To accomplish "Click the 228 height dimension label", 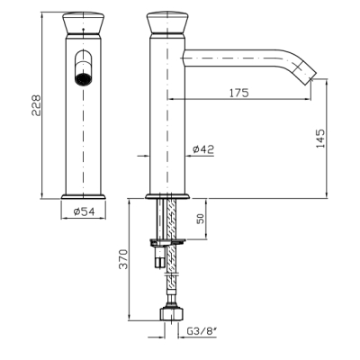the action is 36,105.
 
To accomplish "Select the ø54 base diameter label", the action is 85,211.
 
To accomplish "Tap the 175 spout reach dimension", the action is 239,93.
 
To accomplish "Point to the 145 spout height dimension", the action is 320,139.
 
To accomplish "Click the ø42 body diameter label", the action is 203,149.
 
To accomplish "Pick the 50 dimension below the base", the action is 201,219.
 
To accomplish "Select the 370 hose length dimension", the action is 124,259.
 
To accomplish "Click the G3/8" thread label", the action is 202,331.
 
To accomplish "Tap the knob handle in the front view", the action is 84,23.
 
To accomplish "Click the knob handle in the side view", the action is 167,22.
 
